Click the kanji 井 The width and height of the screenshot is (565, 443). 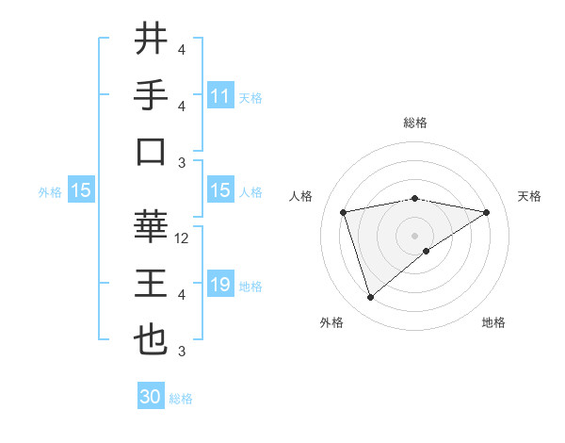point(151,40)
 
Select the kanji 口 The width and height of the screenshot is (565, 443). point(151,152)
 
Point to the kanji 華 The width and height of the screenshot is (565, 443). point(151,226)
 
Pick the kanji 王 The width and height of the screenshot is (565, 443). point(151,284)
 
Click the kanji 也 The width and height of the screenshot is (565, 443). point(151,340)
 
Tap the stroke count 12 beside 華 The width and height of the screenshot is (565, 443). point(183,238)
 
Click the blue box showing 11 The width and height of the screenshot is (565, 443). point(220,96)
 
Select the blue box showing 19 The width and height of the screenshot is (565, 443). point(220,285)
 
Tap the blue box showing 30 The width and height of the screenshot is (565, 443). point(151,397)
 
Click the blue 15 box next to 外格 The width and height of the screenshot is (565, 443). point(81,190)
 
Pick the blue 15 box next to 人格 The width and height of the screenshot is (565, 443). point(220,190)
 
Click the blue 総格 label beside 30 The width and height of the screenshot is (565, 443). point(181,399)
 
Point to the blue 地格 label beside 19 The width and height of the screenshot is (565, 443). point(250,286)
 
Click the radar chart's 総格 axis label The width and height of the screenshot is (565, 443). point(414,123)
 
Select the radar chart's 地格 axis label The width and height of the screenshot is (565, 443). point(493,322)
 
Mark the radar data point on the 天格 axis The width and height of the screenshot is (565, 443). point(486,212)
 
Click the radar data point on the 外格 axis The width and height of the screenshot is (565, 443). point(370,298)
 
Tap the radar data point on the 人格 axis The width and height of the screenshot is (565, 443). point(344,212)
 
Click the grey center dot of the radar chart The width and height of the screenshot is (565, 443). point(414,235)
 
